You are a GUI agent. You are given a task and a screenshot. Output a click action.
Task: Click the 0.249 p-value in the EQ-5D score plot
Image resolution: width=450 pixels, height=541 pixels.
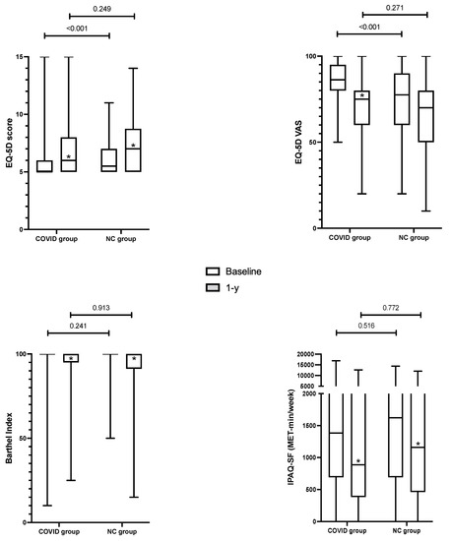[x=102, y=8]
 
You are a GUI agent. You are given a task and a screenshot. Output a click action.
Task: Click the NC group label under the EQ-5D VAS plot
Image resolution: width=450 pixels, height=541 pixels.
[x=405, y=238]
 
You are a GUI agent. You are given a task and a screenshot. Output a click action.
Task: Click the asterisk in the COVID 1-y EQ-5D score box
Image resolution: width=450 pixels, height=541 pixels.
[x=69, y=156]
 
